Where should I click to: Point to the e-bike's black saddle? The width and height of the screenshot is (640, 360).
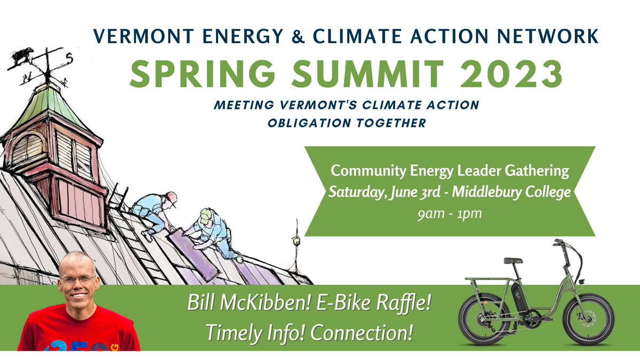[514, 261]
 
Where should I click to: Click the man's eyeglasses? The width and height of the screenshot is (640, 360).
[78, 278]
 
